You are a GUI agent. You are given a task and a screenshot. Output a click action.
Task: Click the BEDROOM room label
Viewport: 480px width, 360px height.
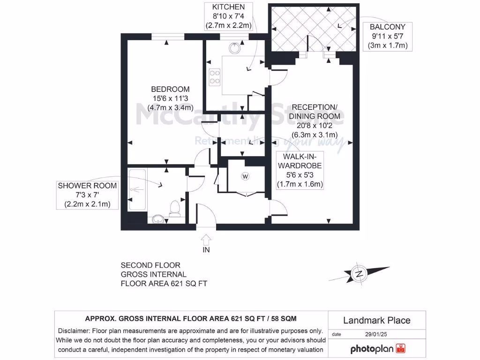pos(170,89)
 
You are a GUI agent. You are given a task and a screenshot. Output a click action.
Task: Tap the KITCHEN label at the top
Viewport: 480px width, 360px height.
pos(228,7)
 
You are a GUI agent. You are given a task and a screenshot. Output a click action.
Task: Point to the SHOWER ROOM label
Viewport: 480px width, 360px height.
pos(87,186)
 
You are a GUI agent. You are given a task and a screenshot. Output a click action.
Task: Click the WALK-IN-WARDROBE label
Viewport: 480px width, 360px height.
pos(300,160)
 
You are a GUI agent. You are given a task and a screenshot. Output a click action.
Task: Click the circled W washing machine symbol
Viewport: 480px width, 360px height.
pos(245,176)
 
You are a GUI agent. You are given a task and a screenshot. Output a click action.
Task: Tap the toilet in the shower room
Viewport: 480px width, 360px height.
pos(175,208)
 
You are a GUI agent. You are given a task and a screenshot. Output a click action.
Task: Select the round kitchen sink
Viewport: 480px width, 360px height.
pos(234,48)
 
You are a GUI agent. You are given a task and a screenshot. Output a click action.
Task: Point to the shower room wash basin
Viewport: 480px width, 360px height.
pos(158,218)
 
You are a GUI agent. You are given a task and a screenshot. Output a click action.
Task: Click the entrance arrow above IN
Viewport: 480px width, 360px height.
pos(205,239)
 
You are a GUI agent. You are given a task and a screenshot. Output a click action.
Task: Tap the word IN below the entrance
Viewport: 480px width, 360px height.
pos(206,250)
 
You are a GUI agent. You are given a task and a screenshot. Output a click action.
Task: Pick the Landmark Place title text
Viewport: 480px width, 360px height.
pos(376,321)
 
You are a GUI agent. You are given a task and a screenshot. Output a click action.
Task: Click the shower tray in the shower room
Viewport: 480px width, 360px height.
pos(136,188)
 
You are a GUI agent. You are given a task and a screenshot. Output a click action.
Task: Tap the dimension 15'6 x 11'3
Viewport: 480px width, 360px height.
pos(170,98)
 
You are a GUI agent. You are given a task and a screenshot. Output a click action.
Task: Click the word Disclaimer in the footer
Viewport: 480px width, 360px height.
pos(74,330)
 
